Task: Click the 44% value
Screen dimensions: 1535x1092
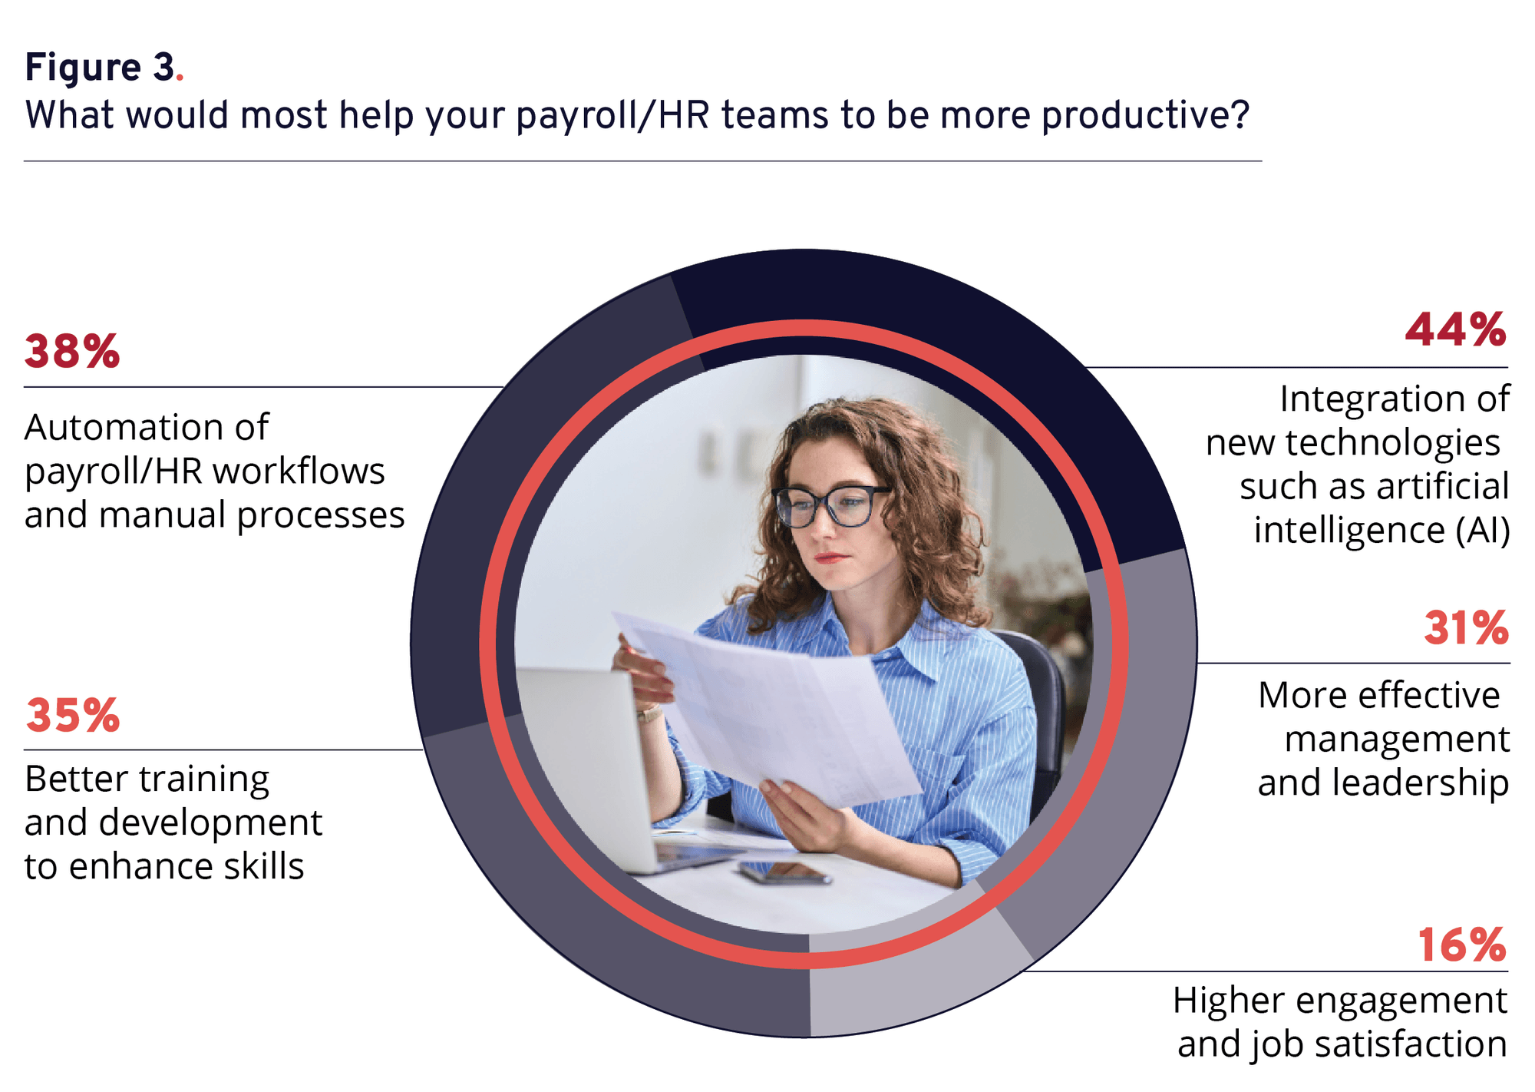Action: pyautogui.click(x=1456, y=330)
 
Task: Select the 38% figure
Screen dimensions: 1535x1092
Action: pyautogui.click(x=72, y=352)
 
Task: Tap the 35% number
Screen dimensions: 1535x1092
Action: pyautogui.click(x=73, y=716)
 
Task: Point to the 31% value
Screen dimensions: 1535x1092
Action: pyautogui.click(x=1466, y=627)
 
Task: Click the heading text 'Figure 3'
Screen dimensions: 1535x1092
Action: pyautogui.click(x=100, y=68)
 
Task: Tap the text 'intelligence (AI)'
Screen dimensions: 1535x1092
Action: pyautogui.click(x=1381, y=530)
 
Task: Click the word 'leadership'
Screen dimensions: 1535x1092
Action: pyautogui.click(x=1421, y=783)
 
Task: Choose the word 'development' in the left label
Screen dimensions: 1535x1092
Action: pyautogui.click(x=210, y=823)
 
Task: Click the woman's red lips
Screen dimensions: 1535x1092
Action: pyautogui.click(x=832, y=558)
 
